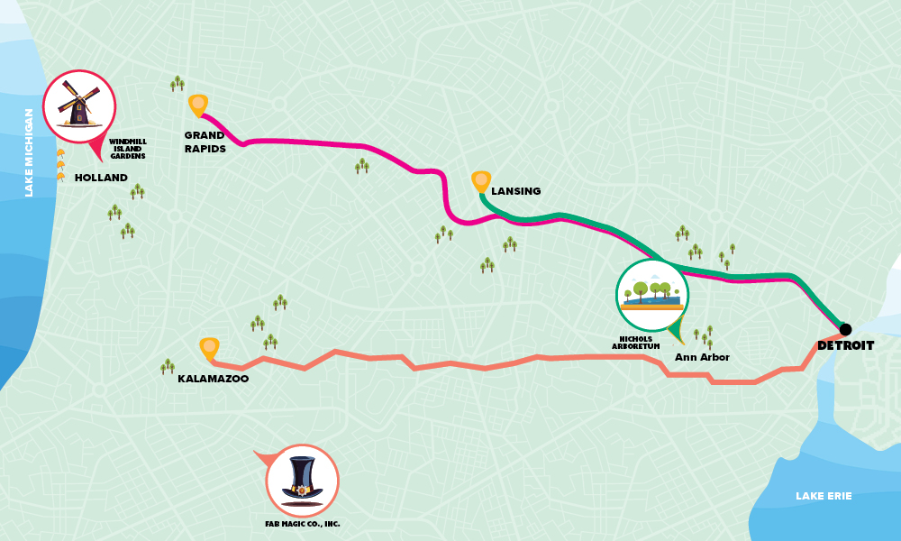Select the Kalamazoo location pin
pos(209,348)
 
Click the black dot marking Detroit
pos(845,329)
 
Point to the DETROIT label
pos(845,345)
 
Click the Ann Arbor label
pos(702,357)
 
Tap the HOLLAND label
pos(101,178)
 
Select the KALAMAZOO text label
pos(214,380)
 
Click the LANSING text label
pos(516,191)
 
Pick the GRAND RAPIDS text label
pos(205,142)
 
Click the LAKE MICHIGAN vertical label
pos(29,152)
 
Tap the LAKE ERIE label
pos(823,496)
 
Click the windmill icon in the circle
pos(79,105)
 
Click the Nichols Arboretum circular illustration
pos(652,294)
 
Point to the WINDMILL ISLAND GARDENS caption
pos(127,149)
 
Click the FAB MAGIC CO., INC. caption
pos(303,524)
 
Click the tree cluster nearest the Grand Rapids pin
pos(177,84)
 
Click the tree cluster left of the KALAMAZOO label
pos(168,366)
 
